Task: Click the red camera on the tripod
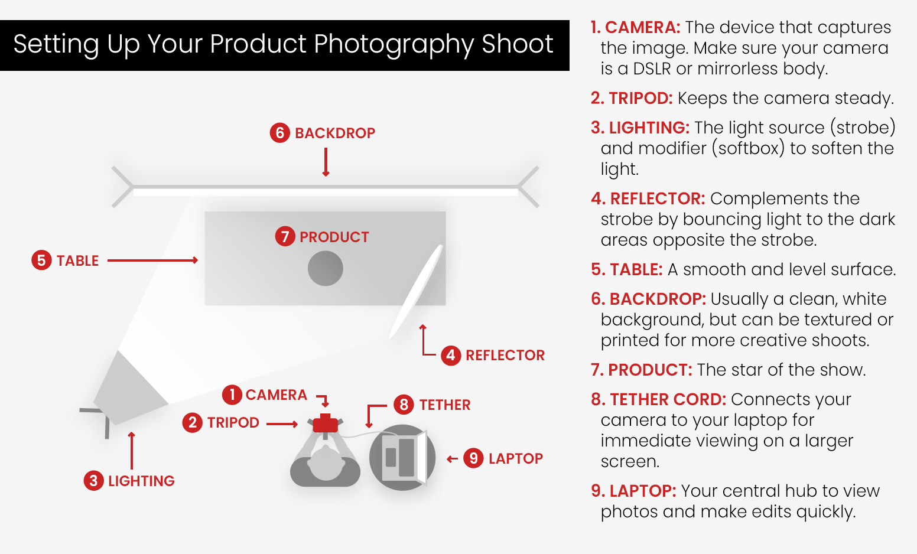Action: click(325, 423)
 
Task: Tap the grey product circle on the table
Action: click(326, 269)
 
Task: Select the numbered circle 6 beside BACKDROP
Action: click(280, 133)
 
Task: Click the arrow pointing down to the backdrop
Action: click(326, 162)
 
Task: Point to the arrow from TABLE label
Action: click(152, 260)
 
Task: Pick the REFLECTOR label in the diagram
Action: click(505, 355)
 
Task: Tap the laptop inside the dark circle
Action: click(402, 458)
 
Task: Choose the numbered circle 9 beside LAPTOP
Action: click(473, 458)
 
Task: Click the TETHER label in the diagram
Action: click(444, 405)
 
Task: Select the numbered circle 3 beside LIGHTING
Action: click(93, 481)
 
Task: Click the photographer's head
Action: click(326, 462)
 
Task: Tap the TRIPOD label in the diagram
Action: click(233, 422)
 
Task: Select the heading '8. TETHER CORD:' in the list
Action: click(658, 400)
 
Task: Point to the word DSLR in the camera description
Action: click(652, 69)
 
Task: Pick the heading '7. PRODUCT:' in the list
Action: click(641, 370)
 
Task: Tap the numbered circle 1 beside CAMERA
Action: click(232, 395)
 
